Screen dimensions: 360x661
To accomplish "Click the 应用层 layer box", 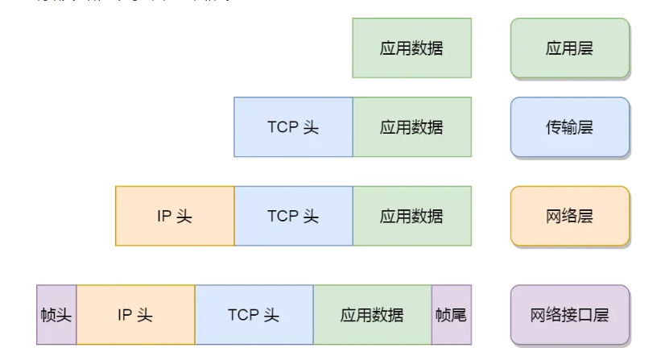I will pos(569,48).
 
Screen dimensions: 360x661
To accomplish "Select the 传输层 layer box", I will pos(569,127).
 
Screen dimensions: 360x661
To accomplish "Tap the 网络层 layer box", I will pos(569,216).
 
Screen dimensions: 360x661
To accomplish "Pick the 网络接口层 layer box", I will pos(569,314).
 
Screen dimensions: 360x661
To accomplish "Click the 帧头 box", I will pos(56,314).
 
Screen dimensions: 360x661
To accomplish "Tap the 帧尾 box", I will pos(451,314).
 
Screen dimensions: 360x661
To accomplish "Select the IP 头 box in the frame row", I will pos(135,314).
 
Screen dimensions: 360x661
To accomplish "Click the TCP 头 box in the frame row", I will pos(254,314).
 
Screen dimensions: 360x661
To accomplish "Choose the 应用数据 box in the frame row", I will pos(372,314).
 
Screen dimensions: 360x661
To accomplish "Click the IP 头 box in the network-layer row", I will pos(175,216).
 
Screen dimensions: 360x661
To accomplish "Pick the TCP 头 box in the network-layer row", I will pos(293,216).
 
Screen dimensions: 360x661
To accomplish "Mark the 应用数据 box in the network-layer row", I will pos(411,216).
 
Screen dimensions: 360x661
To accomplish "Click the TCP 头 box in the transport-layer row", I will pos(293,127).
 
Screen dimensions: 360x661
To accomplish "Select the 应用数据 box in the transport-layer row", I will pos(411,127).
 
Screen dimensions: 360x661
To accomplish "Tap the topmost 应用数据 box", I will pos(411,48).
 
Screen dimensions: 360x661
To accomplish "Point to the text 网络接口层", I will pos(569,314).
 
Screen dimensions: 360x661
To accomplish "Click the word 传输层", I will pos(569,127).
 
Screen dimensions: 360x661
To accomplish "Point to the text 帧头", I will pos(56,314).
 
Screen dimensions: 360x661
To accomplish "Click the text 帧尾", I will pos(451,314).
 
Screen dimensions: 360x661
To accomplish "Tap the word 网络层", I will pos(569,216).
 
